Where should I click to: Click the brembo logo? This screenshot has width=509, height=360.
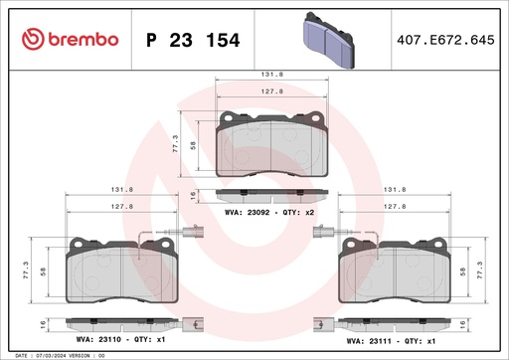click(70, 39)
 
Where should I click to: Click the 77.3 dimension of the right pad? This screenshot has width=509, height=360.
click(483, 270)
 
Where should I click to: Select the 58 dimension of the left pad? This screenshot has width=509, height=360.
click(46, 270)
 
